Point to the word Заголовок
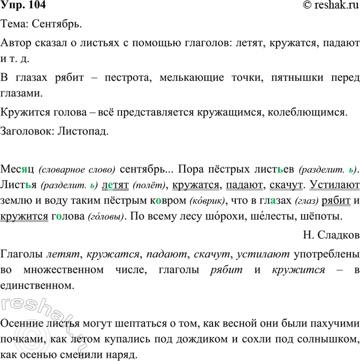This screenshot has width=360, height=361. tap(26, 131)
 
